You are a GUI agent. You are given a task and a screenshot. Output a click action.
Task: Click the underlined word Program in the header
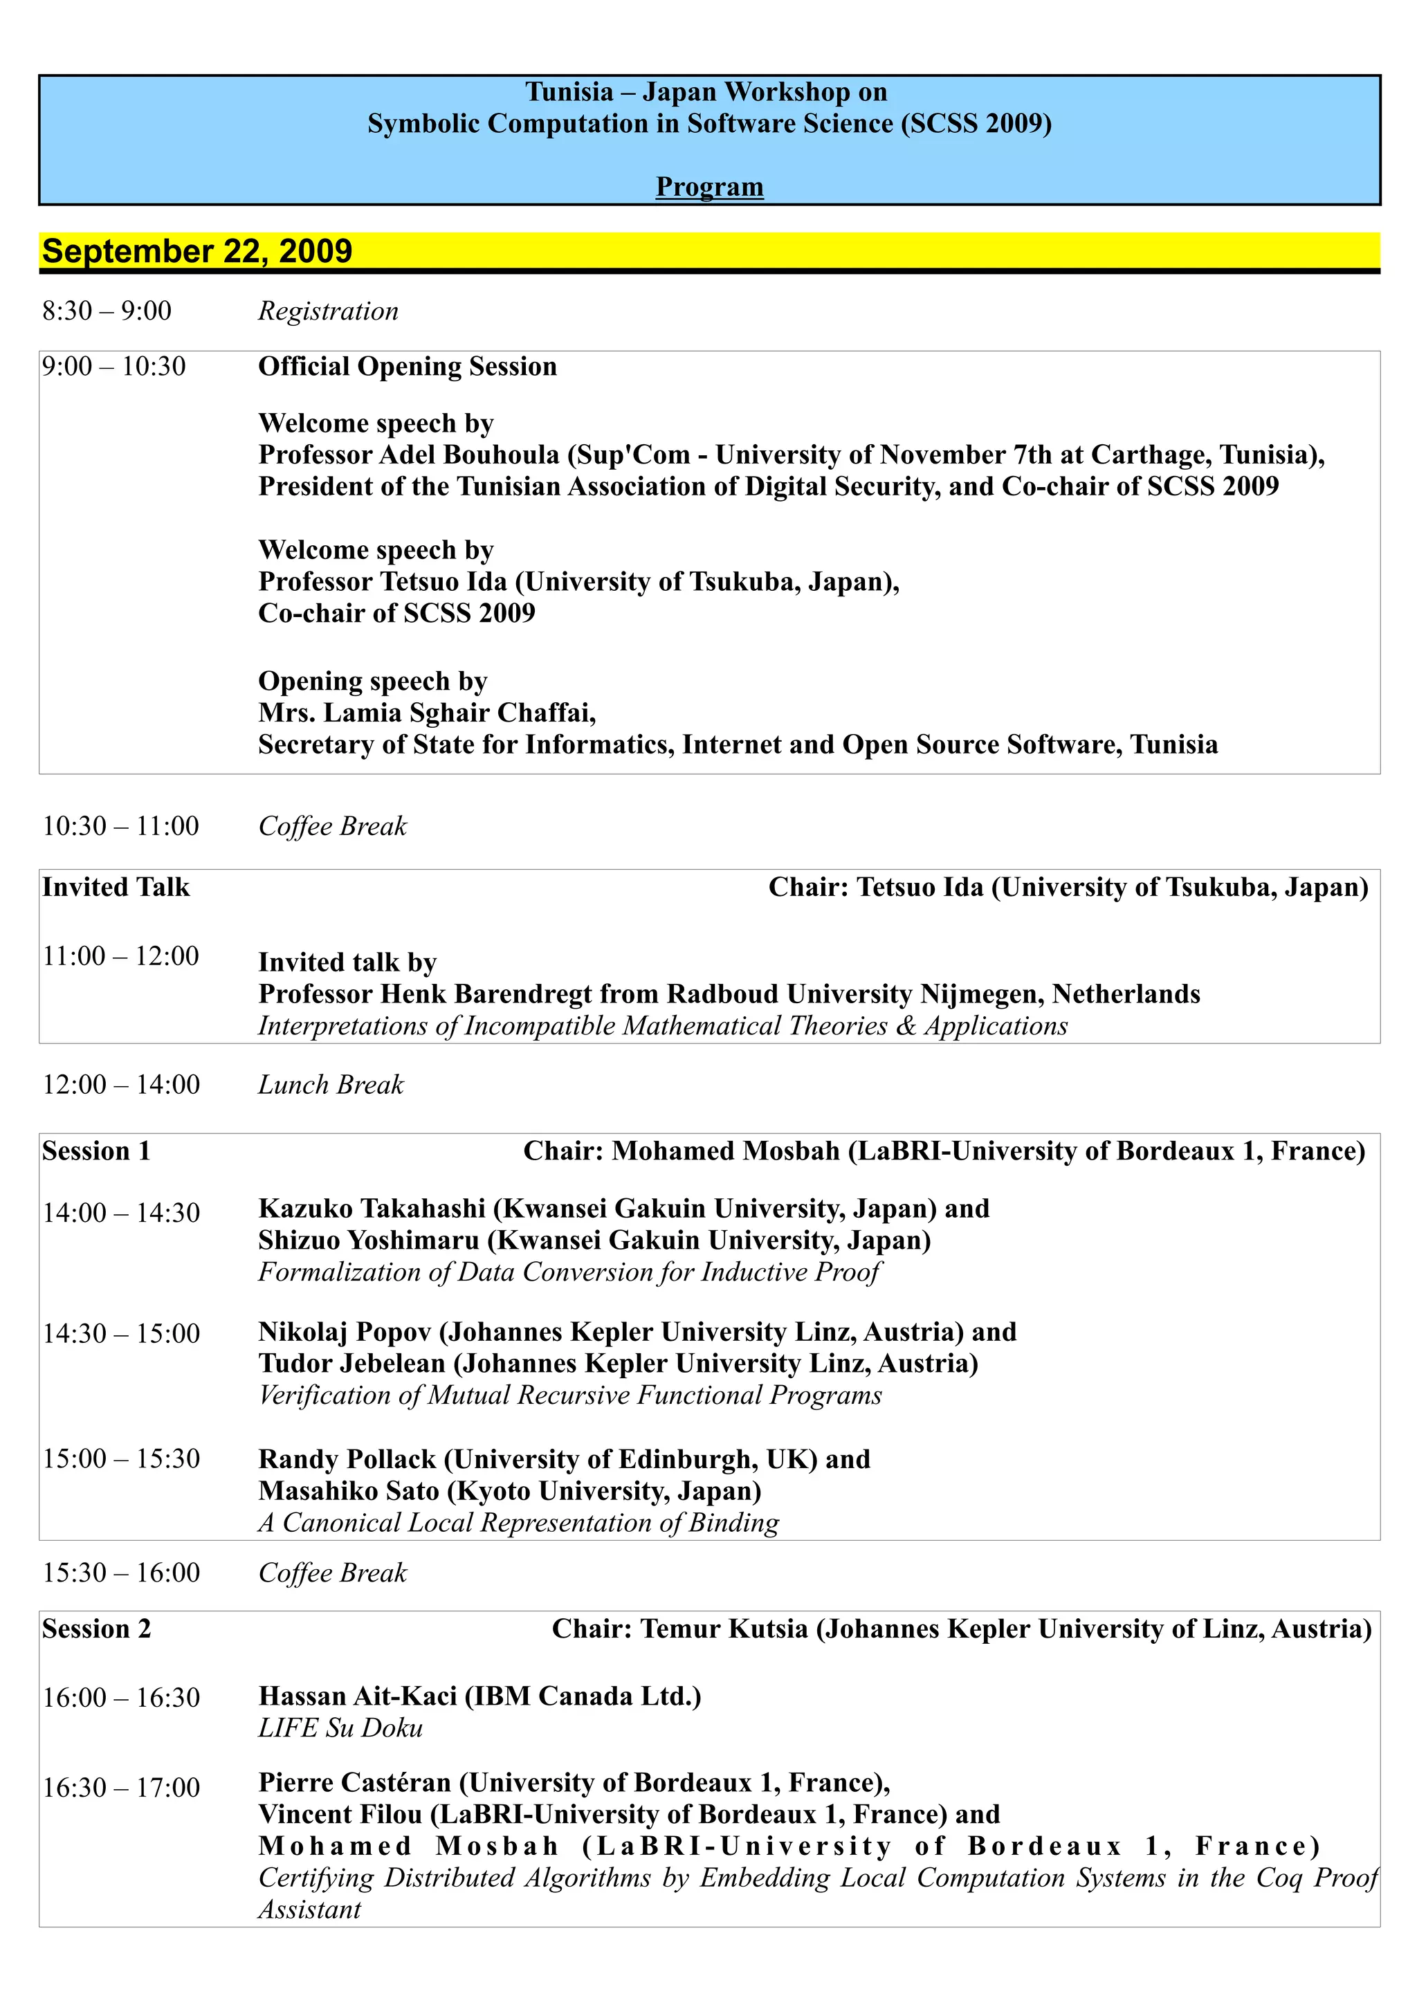pos(709,187)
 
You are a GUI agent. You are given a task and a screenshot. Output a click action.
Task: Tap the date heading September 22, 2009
pos(197,252)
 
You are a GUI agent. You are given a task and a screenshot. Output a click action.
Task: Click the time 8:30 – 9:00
pos(107,311)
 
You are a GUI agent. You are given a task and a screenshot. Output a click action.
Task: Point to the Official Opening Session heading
pos(407,367)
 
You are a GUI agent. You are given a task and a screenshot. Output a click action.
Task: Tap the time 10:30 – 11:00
pos(120,826)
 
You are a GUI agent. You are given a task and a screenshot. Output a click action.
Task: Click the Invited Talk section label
pos(116,887)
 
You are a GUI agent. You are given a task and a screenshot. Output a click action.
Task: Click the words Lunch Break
pos(331,1085)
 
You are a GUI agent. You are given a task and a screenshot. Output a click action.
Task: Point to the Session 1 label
pos(96,1151)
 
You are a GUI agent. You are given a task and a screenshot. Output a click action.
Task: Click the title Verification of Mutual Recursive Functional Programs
pos(570,1395)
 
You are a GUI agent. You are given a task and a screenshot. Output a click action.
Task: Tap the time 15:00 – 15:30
pos(121,1458)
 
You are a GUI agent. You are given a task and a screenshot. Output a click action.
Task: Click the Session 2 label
pos(96,1629)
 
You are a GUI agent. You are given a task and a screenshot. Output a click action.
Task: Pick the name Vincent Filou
pos(340,1814)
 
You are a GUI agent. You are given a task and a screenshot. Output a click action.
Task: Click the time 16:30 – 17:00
pos(121,1788)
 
